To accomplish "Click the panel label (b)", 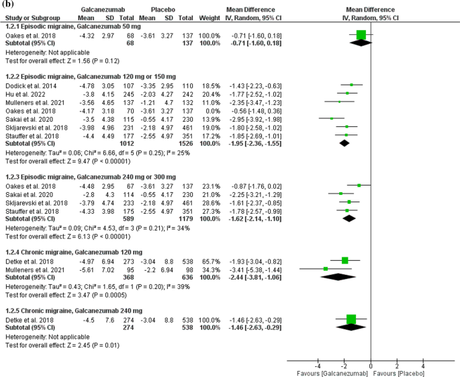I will (x=7, y=4).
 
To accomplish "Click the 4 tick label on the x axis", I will (x=423, y=364).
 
